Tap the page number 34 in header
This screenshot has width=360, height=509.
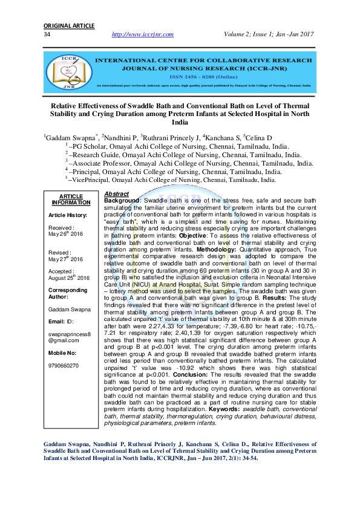tap(47, 34)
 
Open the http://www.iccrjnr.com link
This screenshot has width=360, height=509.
tap(143, 34)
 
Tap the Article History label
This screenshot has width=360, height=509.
tap(68, 215)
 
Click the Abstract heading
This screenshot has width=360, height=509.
tap(117, 193)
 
